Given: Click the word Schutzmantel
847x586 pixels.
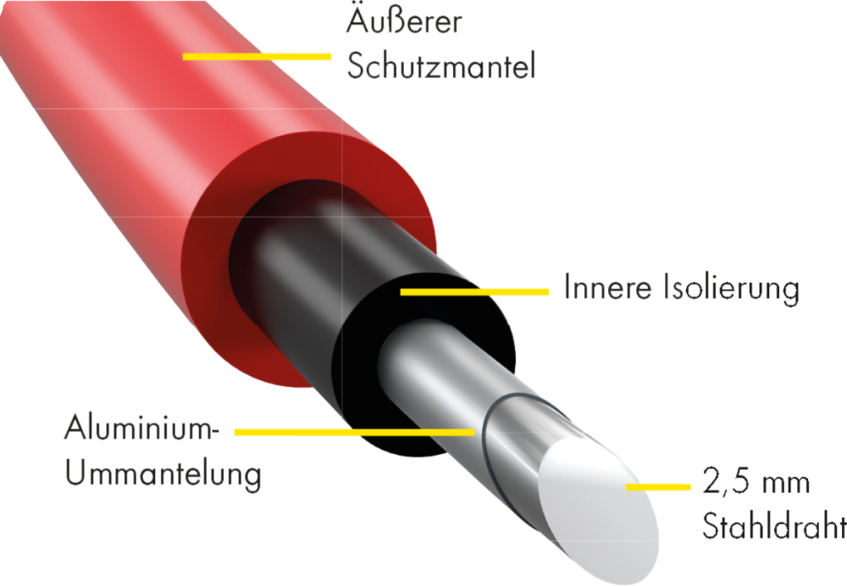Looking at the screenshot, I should (440, 68).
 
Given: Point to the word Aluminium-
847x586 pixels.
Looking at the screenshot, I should (141, 427).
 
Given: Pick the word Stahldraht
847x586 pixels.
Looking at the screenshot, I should (773, 528).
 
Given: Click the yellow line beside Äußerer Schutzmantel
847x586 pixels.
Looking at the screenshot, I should (257, 57).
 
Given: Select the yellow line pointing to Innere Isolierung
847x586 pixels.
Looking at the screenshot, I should (474, 291).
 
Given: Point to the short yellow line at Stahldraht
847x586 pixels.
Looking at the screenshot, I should (657, 487).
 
